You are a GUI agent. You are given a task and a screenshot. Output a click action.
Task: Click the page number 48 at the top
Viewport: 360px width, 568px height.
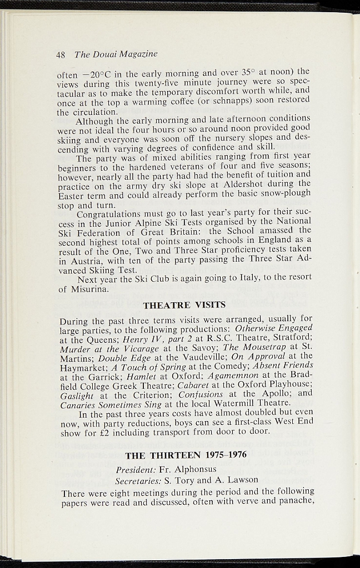(61, 54)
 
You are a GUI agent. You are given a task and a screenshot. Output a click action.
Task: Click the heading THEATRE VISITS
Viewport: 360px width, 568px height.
(184, 305)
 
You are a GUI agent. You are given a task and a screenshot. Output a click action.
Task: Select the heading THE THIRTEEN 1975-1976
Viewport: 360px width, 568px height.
(186, 456)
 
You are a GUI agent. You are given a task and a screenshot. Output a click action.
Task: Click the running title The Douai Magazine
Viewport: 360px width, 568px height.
(116, 54)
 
